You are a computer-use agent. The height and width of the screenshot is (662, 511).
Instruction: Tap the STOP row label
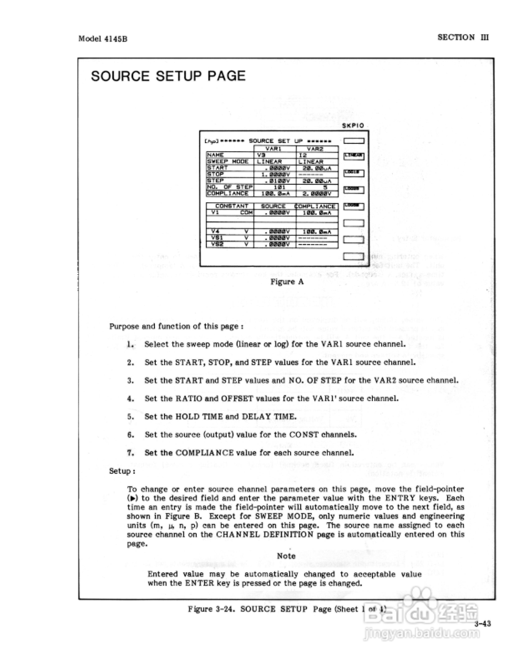(216, 174)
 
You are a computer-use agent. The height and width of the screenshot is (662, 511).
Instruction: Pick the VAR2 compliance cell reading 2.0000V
(317, 194)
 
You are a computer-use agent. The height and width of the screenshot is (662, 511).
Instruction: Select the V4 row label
(216, 232)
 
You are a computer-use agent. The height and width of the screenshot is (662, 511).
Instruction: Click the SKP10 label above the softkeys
(353, 126)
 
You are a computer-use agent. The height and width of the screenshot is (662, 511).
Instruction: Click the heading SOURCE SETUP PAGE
(168, 76)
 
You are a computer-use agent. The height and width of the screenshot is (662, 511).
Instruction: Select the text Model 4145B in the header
(103, 39)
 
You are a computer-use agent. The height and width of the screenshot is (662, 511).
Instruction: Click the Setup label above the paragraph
(122, 471)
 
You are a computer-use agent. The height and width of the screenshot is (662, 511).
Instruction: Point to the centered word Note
(286, 556)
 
